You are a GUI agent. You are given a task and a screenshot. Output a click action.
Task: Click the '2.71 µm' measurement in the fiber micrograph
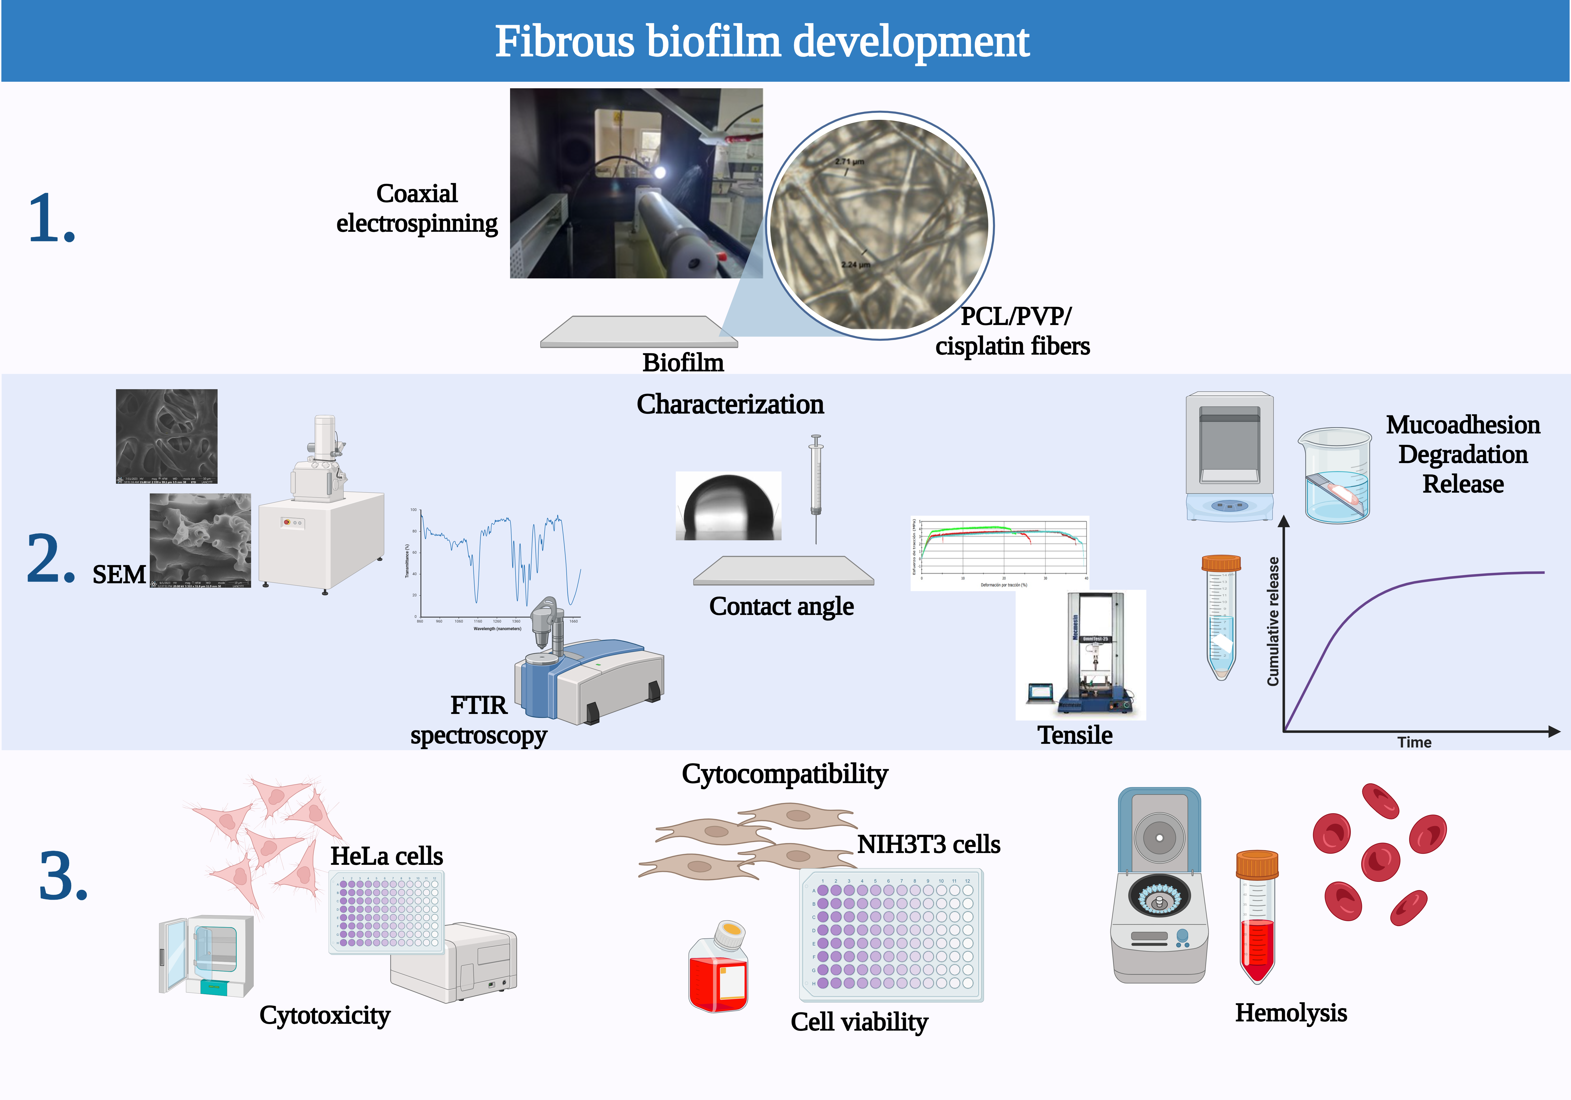[x=849, y=162]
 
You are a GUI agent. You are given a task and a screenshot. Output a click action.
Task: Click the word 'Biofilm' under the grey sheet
[x=683, y=362]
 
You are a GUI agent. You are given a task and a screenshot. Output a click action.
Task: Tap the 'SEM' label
[x=119, y=574]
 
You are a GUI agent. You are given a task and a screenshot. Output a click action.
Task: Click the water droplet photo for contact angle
[x=728, y=506]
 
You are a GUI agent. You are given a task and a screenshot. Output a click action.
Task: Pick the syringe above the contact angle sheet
[x=816, y=479]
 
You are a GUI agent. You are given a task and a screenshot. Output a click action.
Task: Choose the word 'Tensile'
[x=1075, y=735]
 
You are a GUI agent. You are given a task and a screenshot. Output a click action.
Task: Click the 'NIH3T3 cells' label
[x=928, y=844]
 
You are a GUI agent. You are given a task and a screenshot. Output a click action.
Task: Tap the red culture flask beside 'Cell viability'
[x=718, y=972]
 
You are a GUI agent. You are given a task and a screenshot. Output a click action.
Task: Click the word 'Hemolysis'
[x=1291, y=1012]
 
